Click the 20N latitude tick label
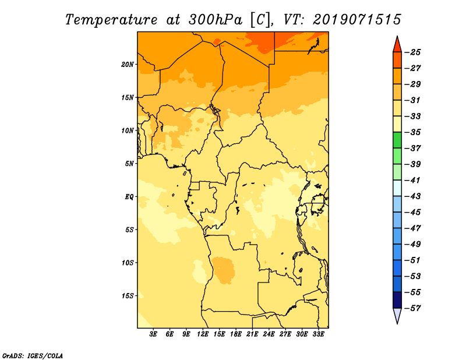127,64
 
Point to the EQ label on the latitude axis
129,197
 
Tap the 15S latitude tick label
127,296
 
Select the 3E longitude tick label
153,334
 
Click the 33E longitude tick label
318,334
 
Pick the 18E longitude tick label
236,334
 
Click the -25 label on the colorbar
412,52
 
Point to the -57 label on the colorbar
412,308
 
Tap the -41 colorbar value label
412,180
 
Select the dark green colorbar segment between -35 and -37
397,140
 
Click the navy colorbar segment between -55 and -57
397,300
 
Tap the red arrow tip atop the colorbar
397,37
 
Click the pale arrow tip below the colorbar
397,323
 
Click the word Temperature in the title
111,20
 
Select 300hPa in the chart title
215,20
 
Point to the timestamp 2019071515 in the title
357,20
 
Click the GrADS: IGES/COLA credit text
33,355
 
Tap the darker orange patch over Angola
224,270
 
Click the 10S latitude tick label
127,263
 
